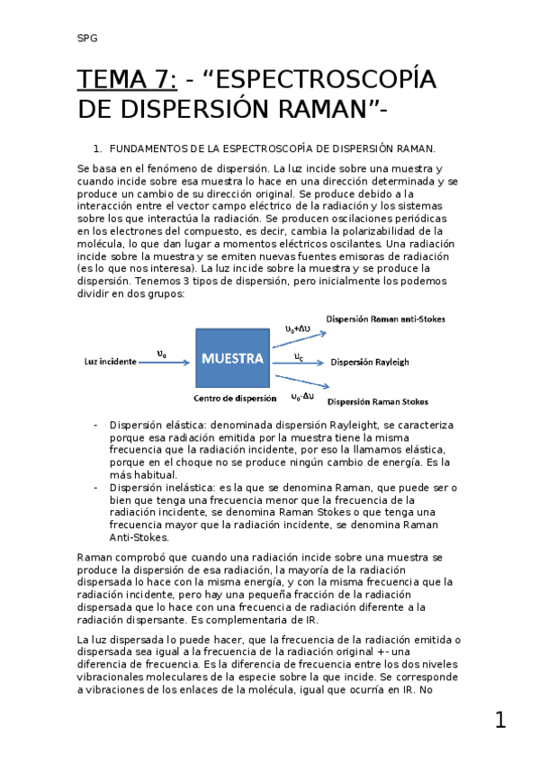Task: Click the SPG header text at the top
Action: pyautogui.click(x=86, y=38)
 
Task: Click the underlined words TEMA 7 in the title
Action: pyautogui.click(x=127, y=81)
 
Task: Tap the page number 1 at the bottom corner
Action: pyautogui.click(x=500, y=720)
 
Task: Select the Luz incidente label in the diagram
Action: pyautogui.click(x=111, y=362)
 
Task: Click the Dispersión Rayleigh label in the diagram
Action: pyautogui.click(x=370, y=362)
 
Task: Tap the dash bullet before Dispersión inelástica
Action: pyautogui.click(x=96, y=487)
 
